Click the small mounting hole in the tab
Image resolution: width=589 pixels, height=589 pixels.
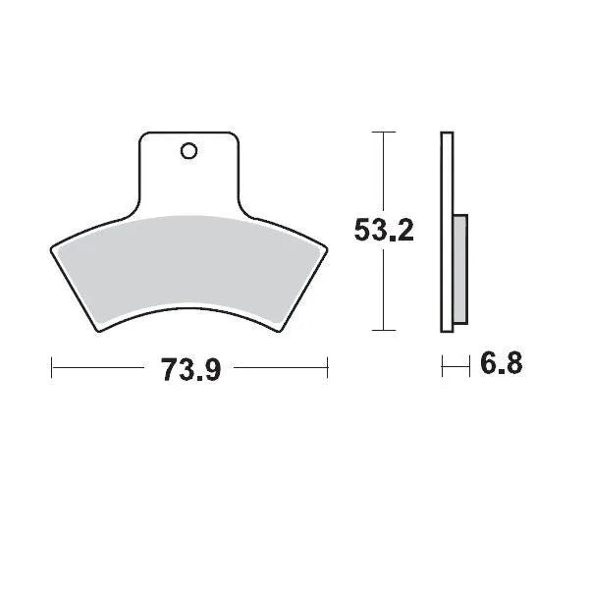click(188, 151)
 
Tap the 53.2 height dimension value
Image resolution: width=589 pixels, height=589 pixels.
click(383, 231)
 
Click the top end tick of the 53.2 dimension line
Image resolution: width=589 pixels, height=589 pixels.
click(382, 131)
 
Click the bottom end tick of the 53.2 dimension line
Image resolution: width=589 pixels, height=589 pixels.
click(382, 331)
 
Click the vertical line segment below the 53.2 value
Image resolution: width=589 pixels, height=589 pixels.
click(382, 290)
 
